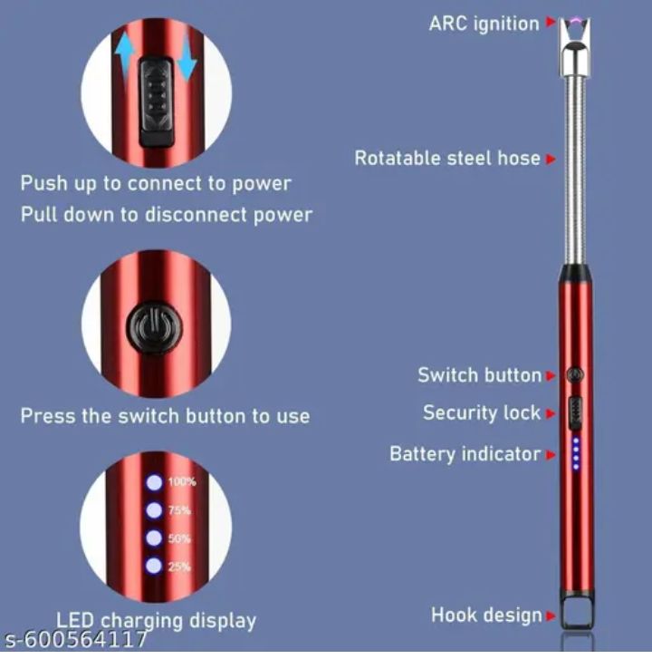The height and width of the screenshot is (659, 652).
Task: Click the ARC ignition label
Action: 484,23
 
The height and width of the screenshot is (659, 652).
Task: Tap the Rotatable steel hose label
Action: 447,158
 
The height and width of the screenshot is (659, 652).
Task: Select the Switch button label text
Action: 479,374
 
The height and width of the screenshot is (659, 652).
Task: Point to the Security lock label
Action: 482,412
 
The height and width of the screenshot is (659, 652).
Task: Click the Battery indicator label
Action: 465,453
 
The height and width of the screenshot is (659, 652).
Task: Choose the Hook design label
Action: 486,615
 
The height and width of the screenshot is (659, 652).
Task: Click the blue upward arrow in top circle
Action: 124,55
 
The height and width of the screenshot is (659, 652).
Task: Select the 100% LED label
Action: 181,482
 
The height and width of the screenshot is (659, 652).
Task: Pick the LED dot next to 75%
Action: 154,510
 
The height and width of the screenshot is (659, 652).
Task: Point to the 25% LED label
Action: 179,567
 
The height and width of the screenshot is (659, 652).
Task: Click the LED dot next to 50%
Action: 154,538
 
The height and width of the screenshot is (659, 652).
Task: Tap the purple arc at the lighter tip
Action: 574,19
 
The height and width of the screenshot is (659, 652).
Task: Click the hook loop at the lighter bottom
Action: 574,615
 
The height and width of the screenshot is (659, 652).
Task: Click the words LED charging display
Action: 156,621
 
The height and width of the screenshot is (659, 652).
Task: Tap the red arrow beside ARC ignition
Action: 549,24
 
